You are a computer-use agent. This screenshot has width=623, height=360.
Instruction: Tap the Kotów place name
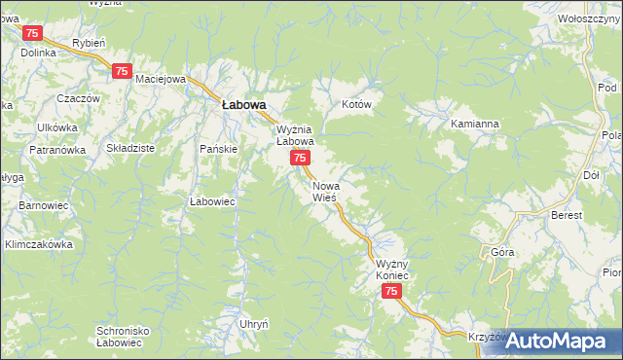(357, 104)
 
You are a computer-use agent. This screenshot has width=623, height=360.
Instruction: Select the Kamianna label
(474, 125)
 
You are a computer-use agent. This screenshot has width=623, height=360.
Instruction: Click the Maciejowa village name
(160, 79)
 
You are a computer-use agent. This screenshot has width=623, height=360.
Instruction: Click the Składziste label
(130, 147)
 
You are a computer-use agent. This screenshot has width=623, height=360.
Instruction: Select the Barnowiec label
(42, 206)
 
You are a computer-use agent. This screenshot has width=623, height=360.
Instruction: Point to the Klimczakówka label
(40, 245)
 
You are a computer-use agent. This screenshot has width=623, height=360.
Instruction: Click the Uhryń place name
(253, 322)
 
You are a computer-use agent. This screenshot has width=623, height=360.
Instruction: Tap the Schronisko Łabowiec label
(123, 337)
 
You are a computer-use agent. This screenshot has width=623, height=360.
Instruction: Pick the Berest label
(566, 215)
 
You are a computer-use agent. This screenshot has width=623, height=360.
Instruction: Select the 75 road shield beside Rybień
(122, 71)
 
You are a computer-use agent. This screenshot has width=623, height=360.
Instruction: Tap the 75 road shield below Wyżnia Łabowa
(302, 158)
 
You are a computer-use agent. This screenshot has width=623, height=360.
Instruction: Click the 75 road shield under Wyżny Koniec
(391, 292)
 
